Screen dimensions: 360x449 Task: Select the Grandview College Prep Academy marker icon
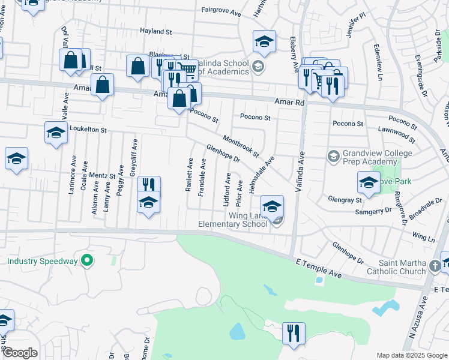click(333, 156)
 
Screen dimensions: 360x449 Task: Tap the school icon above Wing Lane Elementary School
click(272, 206)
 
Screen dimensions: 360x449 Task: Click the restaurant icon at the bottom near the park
click(294, 332)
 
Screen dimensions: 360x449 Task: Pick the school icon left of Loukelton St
click(56, 133)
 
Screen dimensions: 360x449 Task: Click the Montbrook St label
click(240, 146)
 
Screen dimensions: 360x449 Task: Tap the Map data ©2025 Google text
click(411, 355)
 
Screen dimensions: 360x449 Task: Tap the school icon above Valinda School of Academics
click(264, 41)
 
